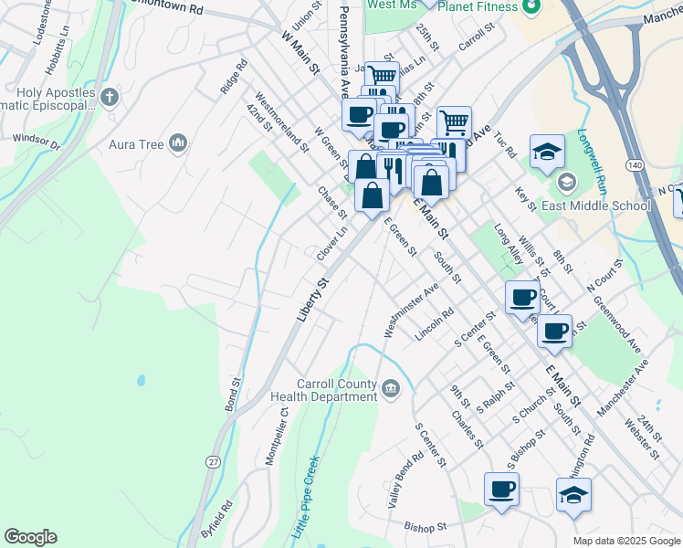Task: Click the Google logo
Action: (30, 537)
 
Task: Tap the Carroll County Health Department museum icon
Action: (390, 390)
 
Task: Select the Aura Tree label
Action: (136, 144)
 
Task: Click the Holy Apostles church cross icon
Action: (109, 97)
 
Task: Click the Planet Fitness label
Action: (477, 6)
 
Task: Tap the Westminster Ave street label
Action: (412, 311)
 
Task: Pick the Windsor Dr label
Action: (37, 142)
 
